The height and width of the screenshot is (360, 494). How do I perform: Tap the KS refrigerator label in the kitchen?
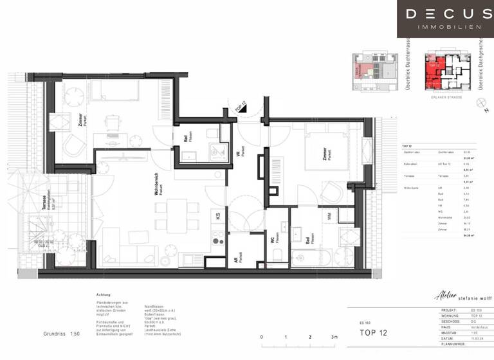[218, 217]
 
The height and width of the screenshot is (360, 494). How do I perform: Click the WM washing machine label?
[329, 217]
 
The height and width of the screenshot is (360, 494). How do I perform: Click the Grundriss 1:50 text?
[62, 334]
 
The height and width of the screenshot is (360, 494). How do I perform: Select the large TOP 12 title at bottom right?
[374, 332]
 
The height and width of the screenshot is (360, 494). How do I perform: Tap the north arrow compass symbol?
[479, 102]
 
